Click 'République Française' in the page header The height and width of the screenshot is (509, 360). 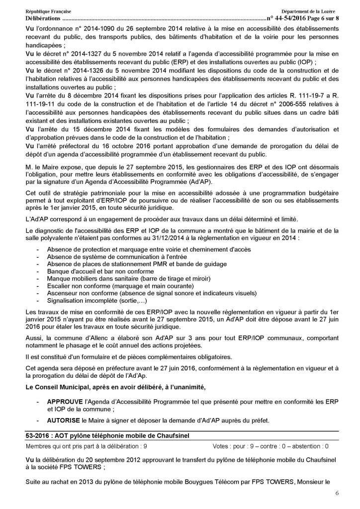coord(46,11)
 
